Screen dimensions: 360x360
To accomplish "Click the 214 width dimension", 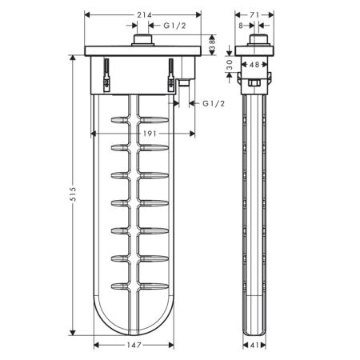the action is (144, 15).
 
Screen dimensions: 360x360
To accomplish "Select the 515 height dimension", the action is (73, 194).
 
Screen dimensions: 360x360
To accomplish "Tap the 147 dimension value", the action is (134, 346).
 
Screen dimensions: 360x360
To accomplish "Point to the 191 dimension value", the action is (150, 134).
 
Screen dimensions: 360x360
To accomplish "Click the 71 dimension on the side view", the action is (254, 15).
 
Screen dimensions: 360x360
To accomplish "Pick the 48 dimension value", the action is (254, 65).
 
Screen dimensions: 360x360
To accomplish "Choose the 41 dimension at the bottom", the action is (254, 346).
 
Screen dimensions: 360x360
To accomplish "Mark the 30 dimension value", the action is (230, 65).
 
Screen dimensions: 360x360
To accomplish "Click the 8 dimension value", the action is (241, 26).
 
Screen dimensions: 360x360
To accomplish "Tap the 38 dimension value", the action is (212, 45).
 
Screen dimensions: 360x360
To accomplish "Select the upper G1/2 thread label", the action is (174, 26).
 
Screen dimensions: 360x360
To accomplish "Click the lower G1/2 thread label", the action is (214, 103).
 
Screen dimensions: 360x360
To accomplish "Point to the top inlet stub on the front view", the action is (142, 40).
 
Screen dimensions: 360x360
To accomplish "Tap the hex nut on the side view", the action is (254, 82).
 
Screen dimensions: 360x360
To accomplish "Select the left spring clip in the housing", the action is (106, 75).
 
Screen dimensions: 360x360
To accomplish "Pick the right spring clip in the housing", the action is (170, 75).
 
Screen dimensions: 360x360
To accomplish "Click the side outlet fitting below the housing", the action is (183, 82).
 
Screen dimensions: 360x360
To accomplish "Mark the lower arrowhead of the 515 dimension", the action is (73, 332).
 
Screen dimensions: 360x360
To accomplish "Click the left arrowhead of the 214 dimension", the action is (87, 15).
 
